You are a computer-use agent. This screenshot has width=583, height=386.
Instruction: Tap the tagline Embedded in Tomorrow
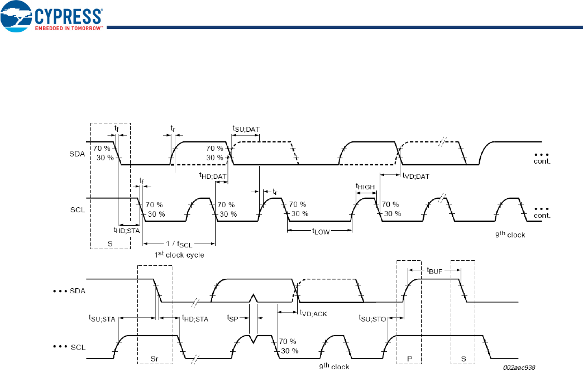(x=69, y=27)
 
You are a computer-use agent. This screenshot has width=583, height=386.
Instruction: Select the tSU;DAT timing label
(x=246, y=128)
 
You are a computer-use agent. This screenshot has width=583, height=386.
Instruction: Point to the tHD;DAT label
(x=212, y=176)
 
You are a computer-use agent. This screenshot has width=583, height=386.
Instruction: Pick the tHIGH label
(x=365, y=187)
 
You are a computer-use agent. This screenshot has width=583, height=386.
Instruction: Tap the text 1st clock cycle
(x=179, y=255)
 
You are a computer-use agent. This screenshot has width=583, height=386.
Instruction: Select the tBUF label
(x=436, y=271)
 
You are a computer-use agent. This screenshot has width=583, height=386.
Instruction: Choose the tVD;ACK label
(x=313, y=313)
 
